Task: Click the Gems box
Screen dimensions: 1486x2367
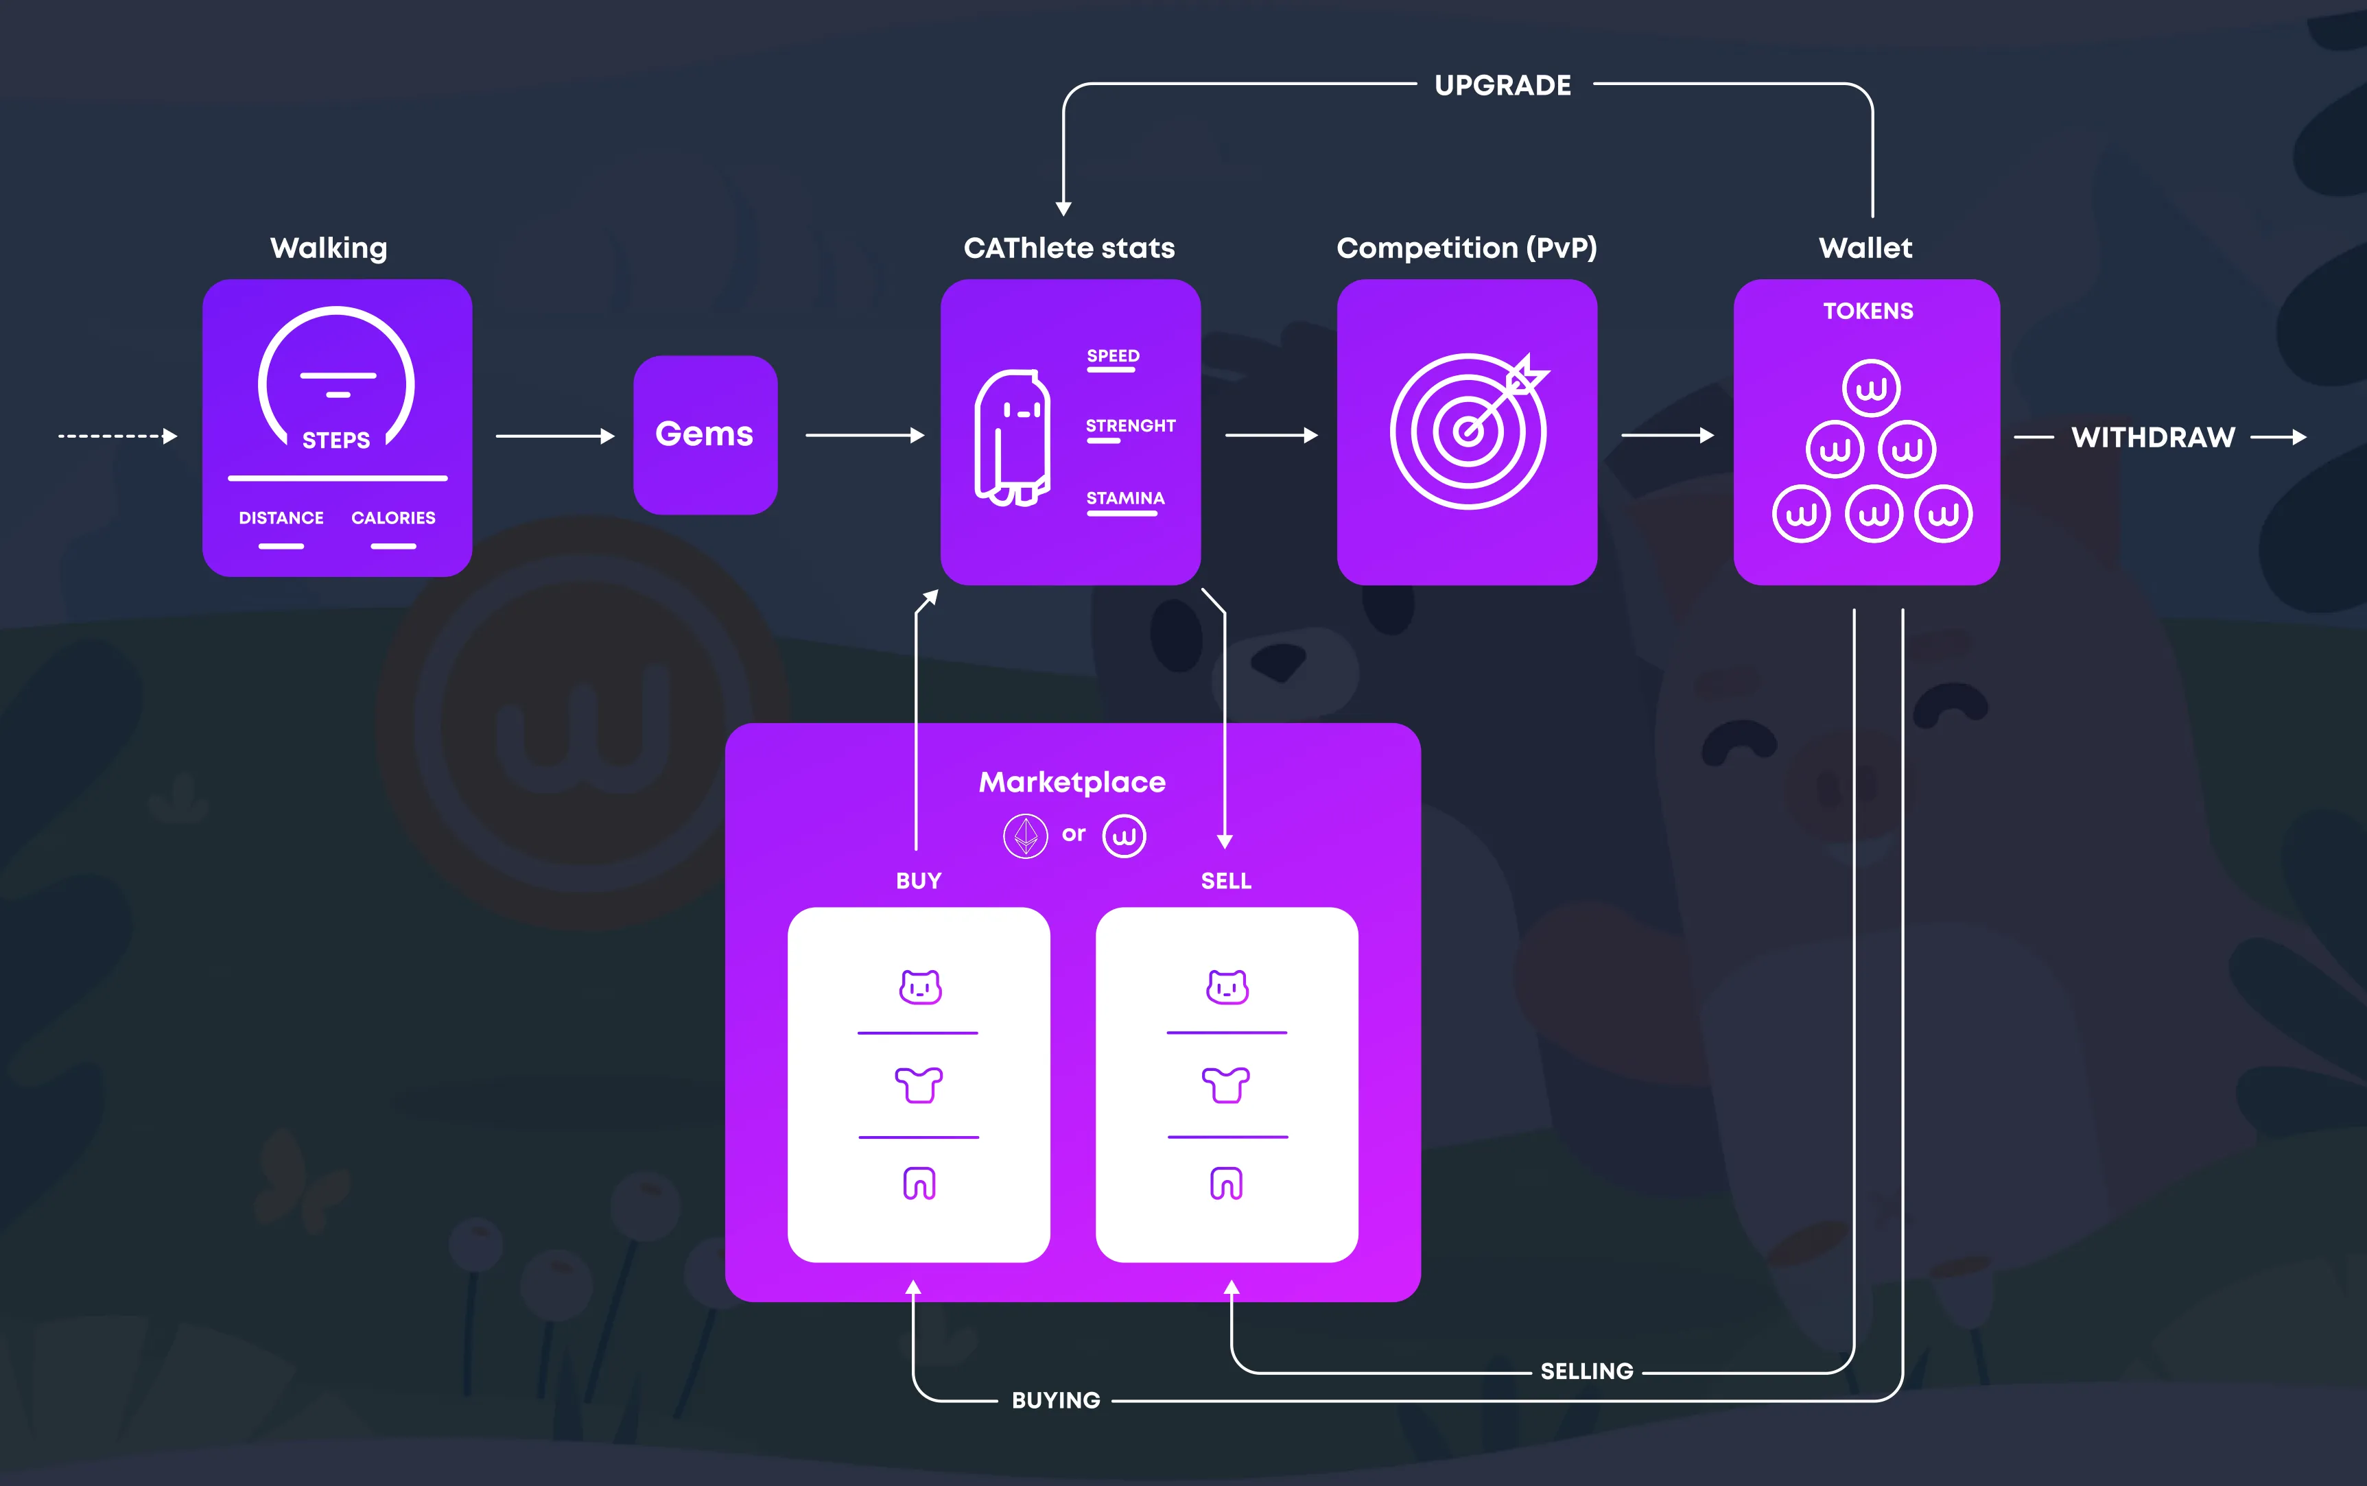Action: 705,434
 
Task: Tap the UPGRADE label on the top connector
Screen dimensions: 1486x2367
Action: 1503,86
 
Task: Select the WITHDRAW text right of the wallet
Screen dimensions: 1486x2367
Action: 2153,437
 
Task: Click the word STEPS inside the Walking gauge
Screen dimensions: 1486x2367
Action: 336,440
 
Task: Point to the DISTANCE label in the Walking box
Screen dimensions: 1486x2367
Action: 281,518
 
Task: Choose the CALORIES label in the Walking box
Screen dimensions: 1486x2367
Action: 393,518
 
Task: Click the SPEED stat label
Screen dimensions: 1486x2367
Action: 1112,356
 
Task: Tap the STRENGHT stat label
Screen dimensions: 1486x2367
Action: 1130,425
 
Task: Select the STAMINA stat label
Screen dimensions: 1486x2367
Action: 1125,498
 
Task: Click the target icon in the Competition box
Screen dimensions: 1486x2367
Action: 1468,430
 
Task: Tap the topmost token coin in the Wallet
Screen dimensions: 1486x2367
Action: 1871,388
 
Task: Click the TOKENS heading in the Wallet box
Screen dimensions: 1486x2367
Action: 1868,311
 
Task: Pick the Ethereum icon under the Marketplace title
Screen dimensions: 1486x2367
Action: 1025,836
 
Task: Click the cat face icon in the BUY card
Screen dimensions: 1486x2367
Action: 919,987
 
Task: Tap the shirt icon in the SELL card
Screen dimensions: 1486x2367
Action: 1226,1085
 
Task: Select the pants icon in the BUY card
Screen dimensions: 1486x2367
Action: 919,1183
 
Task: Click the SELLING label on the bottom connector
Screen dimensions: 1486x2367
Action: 1586,1371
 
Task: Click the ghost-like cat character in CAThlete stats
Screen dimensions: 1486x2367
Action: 1012,437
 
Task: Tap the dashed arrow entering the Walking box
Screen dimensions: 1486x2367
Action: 116,436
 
